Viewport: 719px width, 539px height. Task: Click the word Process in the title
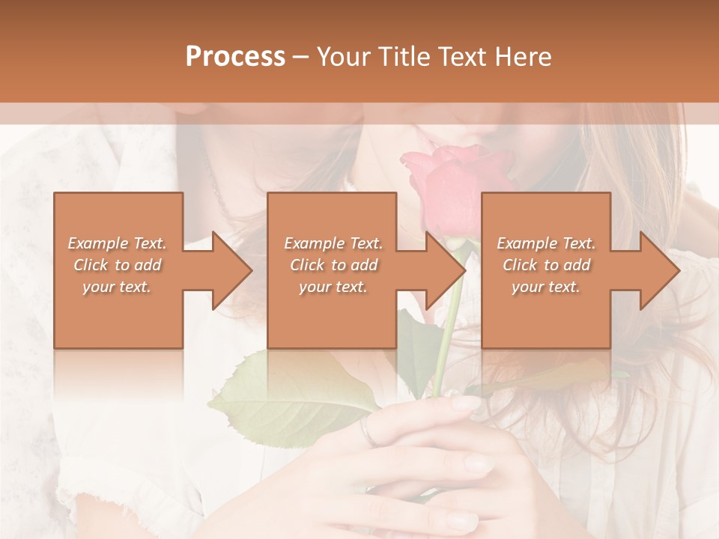pyautogui.click(x=235, y=56)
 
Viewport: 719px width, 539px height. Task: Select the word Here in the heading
pyautogui.click(x=524, y=56)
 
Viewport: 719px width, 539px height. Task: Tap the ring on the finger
pyautogui.click(x=365, y=432)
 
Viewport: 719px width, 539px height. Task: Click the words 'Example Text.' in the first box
pyautogui.click(x=117, y=243)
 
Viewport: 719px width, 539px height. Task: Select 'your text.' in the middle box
pyautogui.click(x=333, y=287)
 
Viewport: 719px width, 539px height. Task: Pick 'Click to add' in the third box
pyautogui.click(x=546, y=265)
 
